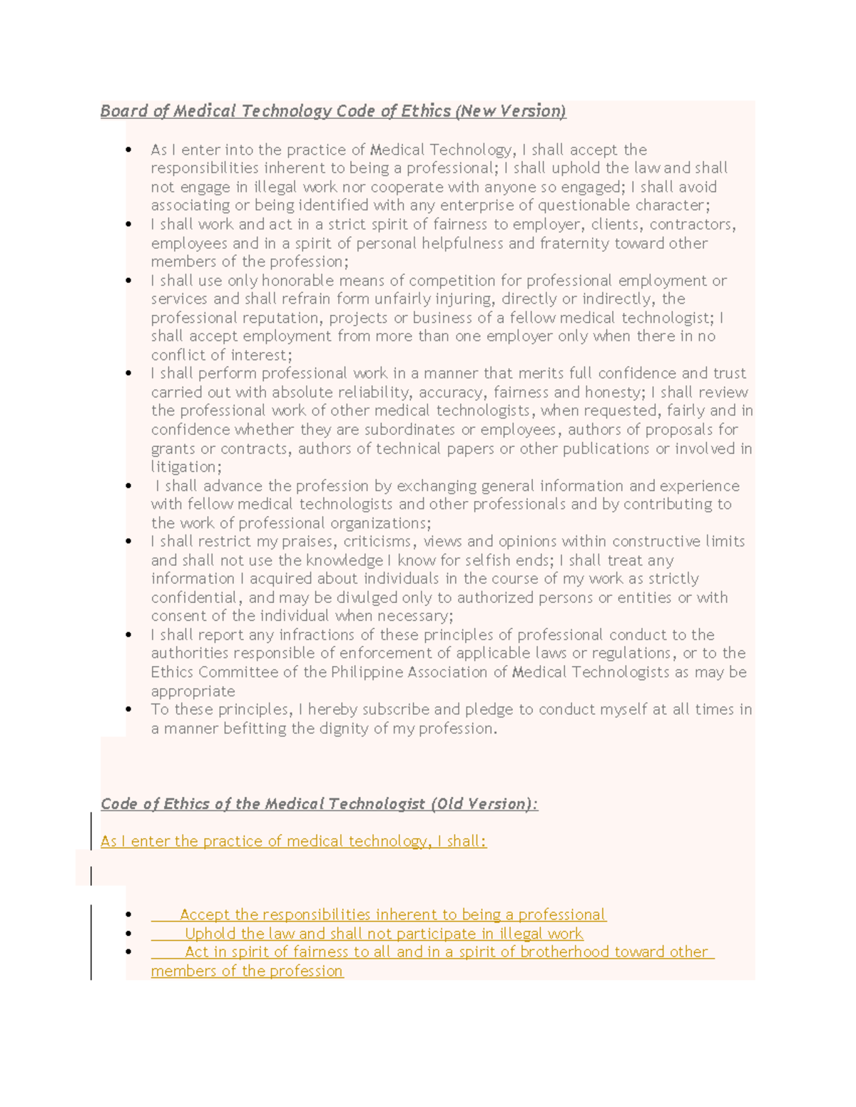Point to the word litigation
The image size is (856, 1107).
185,467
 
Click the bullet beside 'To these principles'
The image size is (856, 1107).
128,710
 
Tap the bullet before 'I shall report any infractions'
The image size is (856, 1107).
128,635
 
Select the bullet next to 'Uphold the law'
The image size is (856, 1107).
128,934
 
